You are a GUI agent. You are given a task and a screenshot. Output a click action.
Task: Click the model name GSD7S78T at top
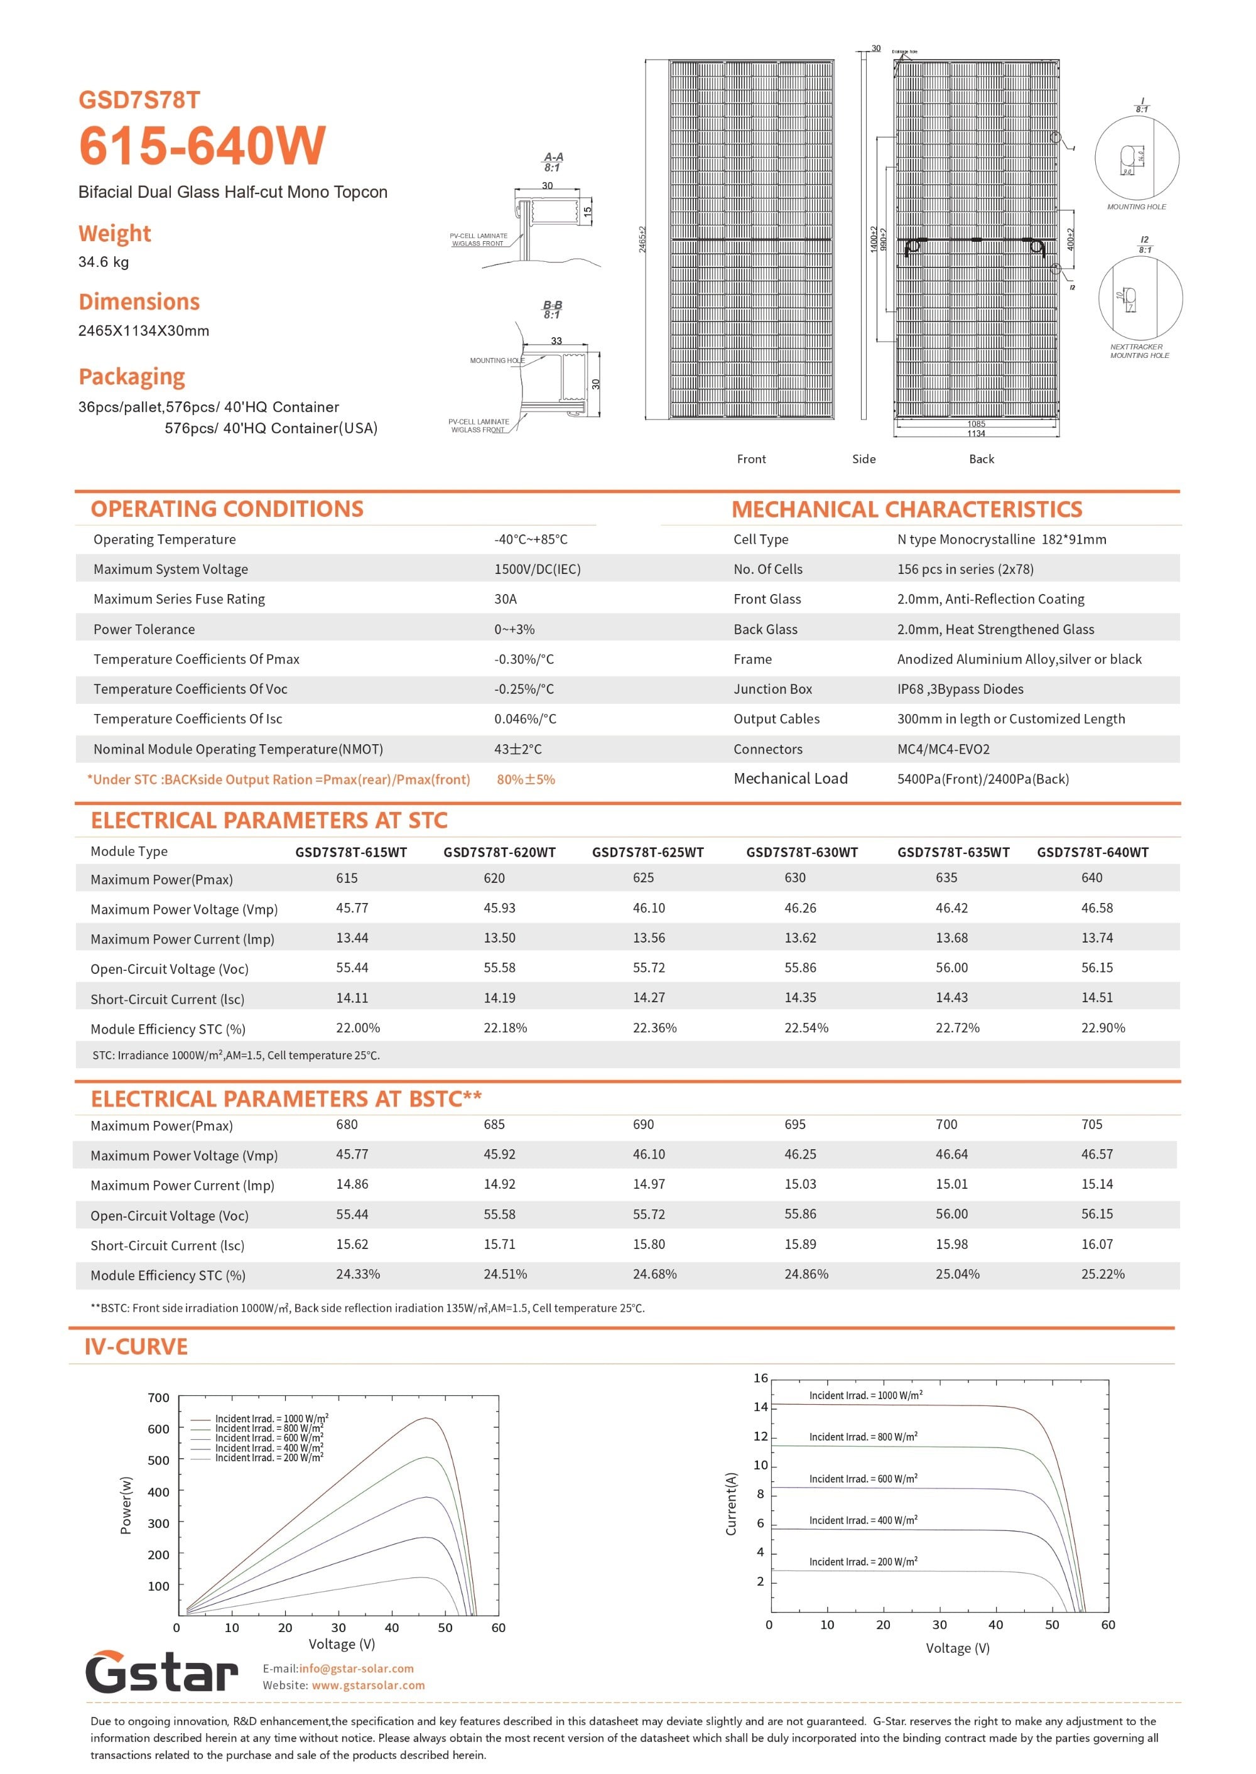pos(139,100)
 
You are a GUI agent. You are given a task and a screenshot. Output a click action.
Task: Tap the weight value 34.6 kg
pos(104,262)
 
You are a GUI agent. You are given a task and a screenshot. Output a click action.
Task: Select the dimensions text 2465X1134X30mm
pos(144,331)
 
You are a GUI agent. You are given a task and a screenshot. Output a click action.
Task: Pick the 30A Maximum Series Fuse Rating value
pos(505,599)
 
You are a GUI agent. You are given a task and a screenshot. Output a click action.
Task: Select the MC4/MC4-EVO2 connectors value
pos(943,749)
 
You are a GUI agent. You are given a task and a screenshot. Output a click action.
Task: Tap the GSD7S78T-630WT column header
pos(801,852)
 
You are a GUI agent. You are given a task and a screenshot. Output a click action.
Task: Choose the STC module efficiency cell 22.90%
pos(1103,1028)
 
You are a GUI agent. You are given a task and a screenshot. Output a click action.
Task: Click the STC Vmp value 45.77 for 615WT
pos(352,908)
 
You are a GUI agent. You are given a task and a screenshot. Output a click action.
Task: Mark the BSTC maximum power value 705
pos(1091,1125)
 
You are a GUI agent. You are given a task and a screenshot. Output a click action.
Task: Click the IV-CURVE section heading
pos(136,1346)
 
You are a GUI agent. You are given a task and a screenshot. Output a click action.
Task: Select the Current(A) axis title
pos(731,1503)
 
